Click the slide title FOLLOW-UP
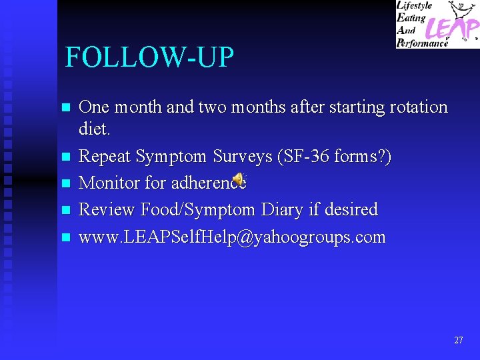(x=149, y=58)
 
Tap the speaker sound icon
(x=239, y=179)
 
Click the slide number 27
(x=458, y=340)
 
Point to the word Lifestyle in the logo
(x=415, y=6)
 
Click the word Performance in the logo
(x=422, y=43)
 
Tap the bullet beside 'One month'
(x=65, y=107)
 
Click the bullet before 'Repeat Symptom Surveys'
(x=65, y=157)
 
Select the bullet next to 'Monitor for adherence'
(x=65, y=183)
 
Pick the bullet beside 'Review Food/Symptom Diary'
(x=65, y=210)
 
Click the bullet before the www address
(x=65, y=237)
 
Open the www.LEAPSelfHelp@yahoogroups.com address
(x=232, y=237)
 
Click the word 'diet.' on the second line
(x=94, y=129)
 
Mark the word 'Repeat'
(x=105, y=157)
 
